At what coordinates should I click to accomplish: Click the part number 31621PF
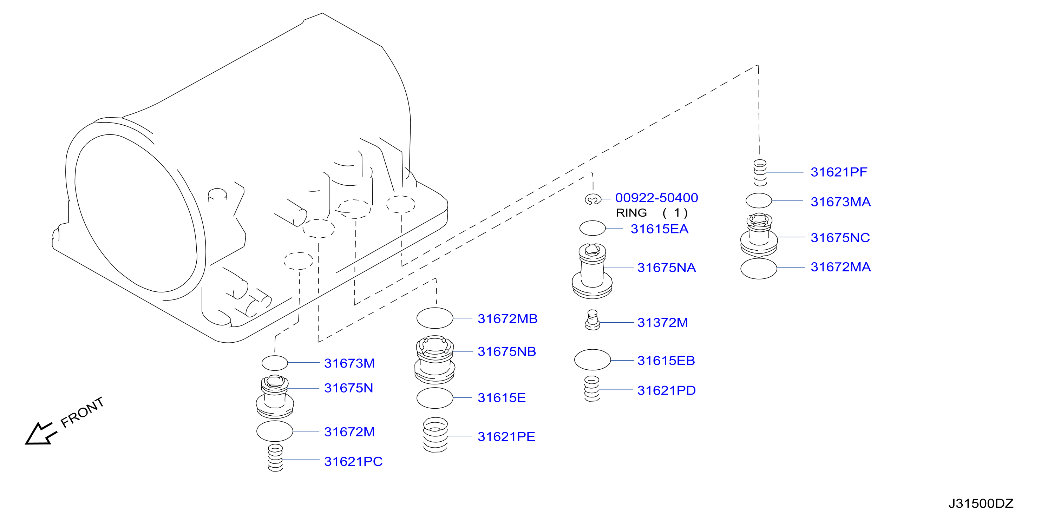point(839,172)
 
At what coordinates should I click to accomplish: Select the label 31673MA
point(841,202)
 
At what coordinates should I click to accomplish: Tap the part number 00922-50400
point(657,198)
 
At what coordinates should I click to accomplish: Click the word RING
point(631,213)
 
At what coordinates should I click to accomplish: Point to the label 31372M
point(663,323)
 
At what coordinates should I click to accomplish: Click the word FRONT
point(82,412)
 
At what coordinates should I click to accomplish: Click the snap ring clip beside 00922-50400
point(592,199)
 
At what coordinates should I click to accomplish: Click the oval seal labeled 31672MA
point(759,269)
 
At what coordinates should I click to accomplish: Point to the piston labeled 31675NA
point(592,271)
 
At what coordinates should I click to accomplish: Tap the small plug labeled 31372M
point(593,320)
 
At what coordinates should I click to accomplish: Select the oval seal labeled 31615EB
point(593,360)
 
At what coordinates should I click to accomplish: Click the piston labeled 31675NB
point(435,360)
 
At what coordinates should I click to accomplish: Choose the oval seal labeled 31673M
point(275,363)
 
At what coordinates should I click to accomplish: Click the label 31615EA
point(660,229)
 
